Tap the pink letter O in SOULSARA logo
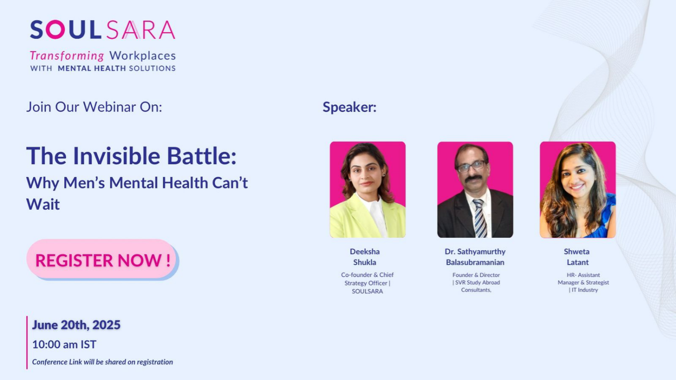tap(55, 29)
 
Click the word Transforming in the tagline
tap(67, 56)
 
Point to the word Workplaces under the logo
tap(142, 56)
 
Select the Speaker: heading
tap(350, 107)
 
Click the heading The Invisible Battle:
tap(131, 156)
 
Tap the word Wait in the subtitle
tap(43, 204)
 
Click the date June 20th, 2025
tap(76, 325)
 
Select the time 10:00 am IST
tap(64, 344)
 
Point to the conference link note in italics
tap(103, 362)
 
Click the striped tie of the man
tap(480, 218)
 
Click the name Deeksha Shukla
tap(365, 257)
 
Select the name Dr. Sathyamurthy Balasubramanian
tap(475, 257)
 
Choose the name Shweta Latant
tap(577, 257)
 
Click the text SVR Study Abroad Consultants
tap(476, 286)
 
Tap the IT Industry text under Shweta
tap(583, 290)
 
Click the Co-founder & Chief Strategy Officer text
tap(367, 279)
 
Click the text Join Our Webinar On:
tap(94, 107)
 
